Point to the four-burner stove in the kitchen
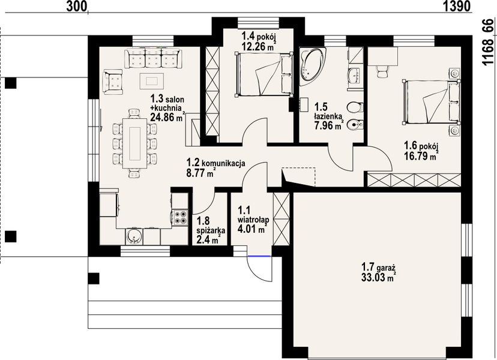click(179, 218)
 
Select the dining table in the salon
click(134, 143)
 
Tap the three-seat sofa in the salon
click(153, 58)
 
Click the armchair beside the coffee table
click(113, 82)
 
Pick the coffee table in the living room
click(152, 81)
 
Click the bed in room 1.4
click(264, 74)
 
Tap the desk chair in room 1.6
click(381, 71)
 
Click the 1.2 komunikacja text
click(216, 163)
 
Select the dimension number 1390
click(456, 6)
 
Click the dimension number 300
click(77, 6)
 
